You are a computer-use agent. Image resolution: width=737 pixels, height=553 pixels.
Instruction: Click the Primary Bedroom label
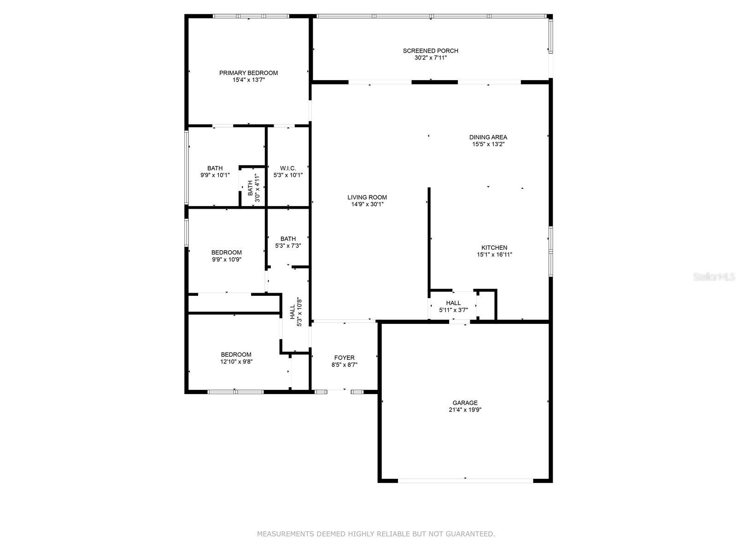point(248,73)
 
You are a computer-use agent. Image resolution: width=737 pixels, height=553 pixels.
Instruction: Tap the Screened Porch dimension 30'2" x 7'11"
point(430,58)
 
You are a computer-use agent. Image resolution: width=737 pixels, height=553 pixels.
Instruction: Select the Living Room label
point(367,197)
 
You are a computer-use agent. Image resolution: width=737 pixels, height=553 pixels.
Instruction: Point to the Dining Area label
point(488,137)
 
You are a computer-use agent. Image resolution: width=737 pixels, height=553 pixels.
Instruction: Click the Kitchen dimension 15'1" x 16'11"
point(494,254)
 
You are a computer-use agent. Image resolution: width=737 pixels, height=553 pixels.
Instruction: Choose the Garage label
point(465,403)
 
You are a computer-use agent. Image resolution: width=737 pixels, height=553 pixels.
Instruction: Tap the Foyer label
point(344,358)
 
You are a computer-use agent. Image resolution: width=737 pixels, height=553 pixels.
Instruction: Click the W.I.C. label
point(288,168)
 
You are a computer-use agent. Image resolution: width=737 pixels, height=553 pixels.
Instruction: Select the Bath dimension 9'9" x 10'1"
point(215,175)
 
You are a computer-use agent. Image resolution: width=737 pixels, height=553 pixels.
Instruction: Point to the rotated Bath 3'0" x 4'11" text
point(254,188)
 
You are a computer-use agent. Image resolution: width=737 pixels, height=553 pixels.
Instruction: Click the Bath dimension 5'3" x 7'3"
point(288,246)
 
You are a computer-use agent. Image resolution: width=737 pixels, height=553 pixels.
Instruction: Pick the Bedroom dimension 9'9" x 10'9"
point(227,259)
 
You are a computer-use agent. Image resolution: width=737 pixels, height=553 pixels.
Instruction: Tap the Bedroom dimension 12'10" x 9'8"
point(236,362)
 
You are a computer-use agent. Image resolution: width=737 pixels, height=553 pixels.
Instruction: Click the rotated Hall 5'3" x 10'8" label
point(295,312)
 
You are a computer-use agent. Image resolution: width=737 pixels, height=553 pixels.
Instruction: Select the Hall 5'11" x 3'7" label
point(453,306)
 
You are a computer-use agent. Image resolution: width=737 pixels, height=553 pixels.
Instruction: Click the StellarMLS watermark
point(714,276)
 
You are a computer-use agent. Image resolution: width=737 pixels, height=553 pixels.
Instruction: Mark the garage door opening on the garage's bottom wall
point(465,481)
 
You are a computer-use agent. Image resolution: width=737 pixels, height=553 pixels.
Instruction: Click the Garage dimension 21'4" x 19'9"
point(465,410)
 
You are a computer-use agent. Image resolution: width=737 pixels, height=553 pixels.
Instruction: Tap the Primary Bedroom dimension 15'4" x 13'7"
point(248,80)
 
